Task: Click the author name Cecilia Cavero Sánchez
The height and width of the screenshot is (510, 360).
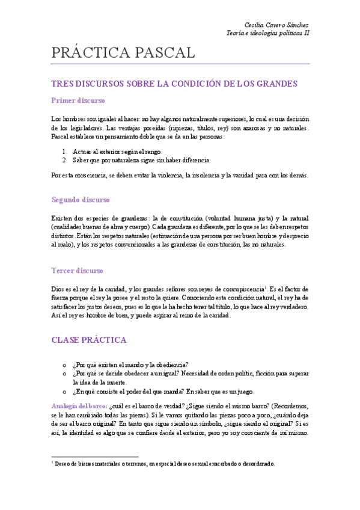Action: [x=276, y=25]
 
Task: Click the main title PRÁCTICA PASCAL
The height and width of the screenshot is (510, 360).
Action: [x=123, y=53]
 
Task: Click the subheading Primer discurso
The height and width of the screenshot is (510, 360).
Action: [x=78, y=100]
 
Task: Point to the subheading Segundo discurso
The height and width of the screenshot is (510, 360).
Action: [x=81, y=200]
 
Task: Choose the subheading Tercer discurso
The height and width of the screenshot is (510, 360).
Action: [x=78, y=271]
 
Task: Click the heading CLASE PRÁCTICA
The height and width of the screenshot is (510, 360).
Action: [x=89, y=340]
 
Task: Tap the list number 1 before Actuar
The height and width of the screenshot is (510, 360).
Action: [x=65, y=152]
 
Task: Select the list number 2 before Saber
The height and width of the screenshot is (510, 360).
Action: [x=65, y=161]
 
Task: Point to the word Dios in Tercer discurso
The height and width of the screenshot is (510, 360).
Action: [x=58, y=289]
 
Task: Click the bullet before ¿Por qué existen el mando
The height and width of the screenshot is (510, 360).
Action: [x=64, y=364]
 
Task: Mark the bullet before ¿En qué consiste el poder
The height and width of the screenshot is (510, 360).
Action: [x=64, y=391]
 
